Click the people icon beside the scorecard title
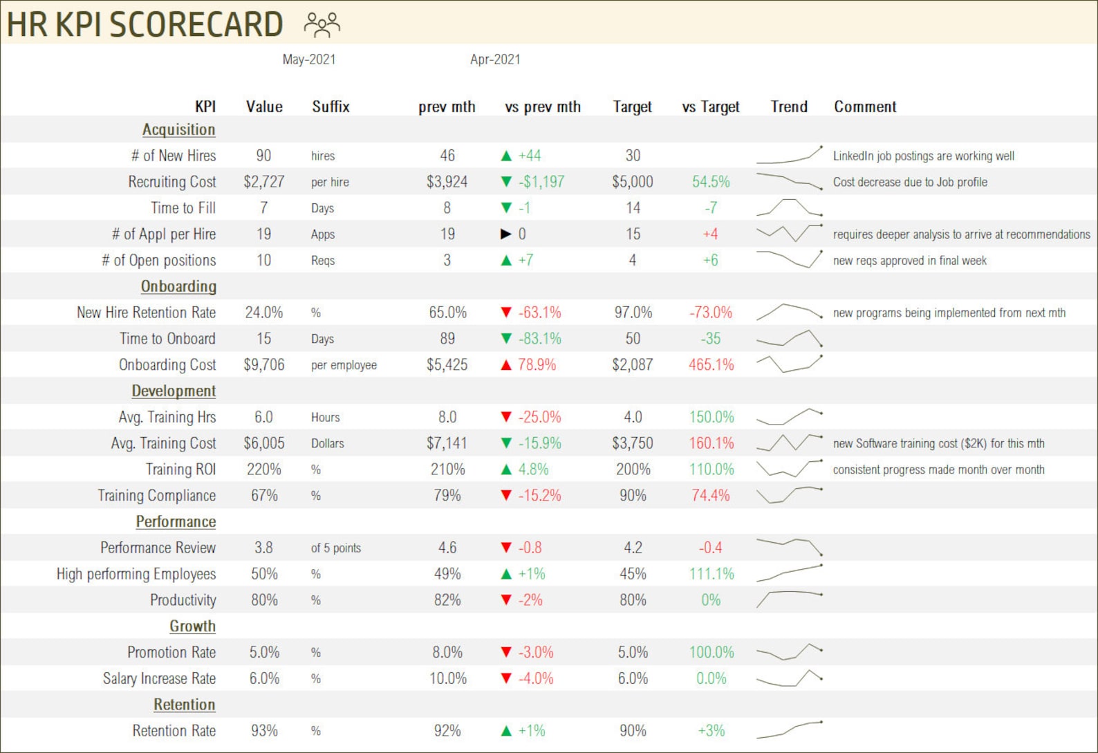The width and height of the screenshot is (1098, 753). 322,25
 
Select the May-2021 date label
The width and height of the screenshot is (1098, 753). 308,59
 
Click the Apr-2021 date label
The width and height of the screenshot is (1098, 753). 495,59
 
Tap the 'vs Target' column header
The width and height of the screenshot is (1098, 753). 710,107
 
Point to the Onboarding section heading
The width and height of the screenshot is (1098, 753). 178,286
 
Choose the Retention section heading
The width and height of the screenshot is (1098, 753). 184,705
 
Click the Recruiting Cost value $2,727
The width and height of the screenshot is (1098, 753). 263,182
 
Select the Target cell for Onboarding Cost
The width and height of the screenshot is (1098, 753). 632,364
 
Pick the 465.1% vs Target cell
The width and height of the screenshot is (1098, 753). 711,364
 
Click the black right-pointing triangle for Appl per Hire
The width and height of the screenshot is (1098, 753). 506,234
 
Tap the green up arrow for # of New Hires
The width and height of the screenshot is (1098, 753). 506,156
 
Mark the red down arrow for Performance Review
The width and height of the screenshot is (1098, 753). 506,548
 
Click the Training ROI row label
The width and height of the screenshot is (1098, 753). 180,470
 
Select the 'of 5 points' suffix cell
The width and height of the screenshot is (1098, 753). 336,548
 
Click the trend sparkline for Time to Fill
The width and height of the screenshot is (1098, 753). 789,207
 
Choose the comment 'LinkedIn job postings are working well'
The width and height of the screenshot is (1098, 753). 923,156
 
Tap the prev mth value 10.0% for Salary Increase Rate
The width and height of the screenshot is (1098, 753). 447,679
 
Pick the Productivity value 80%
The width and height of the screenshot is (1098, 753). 264,600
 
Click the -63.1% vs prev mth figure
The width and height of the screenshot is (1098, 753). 540,313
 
